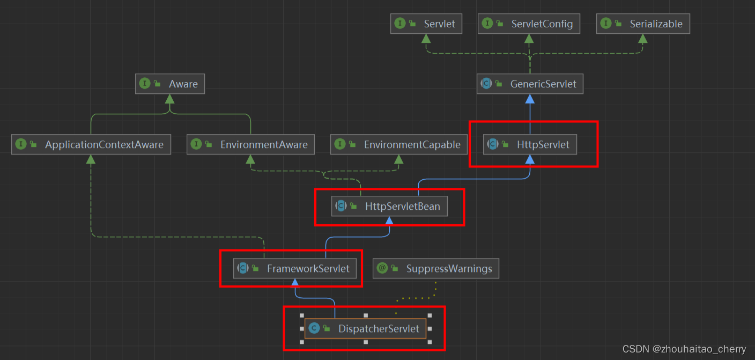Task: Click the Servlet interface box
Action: (x=426, y=24)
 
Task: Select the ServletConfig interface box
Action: (x=529, y=24)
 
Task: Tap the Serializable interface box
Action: (x=643, y=24)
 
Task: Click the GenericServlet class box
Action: (x=530, y=84)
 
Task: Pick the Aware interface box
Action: (x=170, y=84)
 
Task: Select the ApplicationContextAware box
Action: (x=91, y=144)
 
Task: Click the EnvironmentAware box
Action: (x=250, y=144)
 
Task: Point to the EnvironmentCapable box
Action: (x=398, y=144)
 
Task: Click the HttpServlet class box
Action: (x=530, y=144)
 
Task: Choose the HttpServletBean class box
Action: (x=389, y=206)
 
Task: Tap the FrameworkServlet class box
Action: (x=294, y=268)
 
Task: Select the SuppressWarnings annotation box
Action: (x=436, y=268)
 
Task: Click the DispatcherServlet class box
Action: (x=365, y=328)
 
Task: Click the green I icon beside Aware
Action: (x=145, y=84)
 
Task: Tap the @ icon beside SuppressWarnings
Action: (x=382, y=268)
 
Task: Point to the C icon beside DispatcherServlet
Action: (x=314, y=328)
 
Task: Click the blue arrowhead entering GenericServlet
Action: (x=530, y=99)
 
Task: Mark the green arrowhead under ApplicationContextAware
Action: (x=91, y=159)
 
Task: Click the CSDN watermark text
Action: (x=684, y=349)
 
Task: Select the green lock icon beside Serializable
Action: (x=618, y=24)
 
